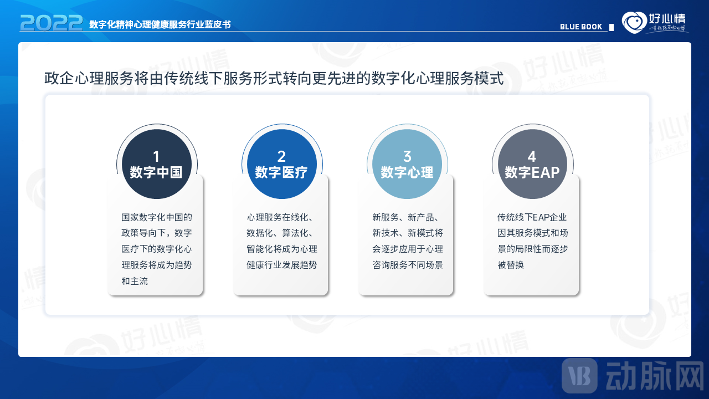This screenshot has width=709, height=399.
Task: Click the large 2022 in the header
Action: [x=52, y=23]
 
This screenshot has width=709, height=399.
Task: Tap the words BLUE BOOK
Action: [x=581, y=27]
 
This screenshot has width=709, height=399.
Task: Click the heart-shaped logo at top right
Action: [x=634, y=22]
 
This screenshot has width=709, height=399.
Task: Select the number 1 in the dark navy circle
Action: [x=156, y=156]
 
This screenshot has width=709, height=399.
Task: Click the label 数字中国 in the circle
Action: [x=156, y=172]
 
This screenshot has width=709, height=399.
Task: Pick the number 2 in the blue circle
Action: [x=281, y=156]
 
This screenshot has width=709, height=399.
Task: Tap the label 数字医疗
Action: [x=281, y=172]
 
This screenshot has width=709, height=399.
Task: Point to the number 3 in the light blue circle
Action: [x=407, y=156]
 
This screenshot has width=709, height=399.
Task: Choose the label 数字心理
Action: [x=407, y=172]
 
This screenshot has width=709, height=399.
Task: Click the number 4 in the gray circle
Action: [x=532, y=156]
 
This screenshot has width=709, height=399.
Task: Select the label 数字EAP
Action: [x=532, y=172]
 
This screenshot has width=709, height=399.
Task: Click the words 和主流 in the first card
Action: [x=135, y=281]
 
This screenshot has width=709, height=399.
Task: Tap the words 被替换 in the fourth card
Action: [x=511, y=265]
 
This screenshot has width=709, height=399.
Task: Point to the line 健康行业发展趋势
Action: [x=282, y=265]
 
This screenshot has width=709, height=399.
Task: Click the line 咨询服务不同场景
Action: [x=407, y=265]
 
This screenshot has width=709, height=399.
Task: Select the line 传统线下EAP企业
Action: [x=532, y=217]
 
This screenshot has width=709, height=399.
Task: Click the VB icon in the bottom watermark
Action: [x=579, y=376]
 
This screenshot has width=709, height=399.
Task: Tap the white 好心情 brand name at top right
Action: [x=667, y=19]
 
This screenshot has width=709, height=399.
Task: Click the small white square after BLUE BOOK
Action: [x=612, y=28]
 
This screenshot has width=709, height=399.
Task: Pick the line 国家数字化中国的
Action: [x=157, y=217]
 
